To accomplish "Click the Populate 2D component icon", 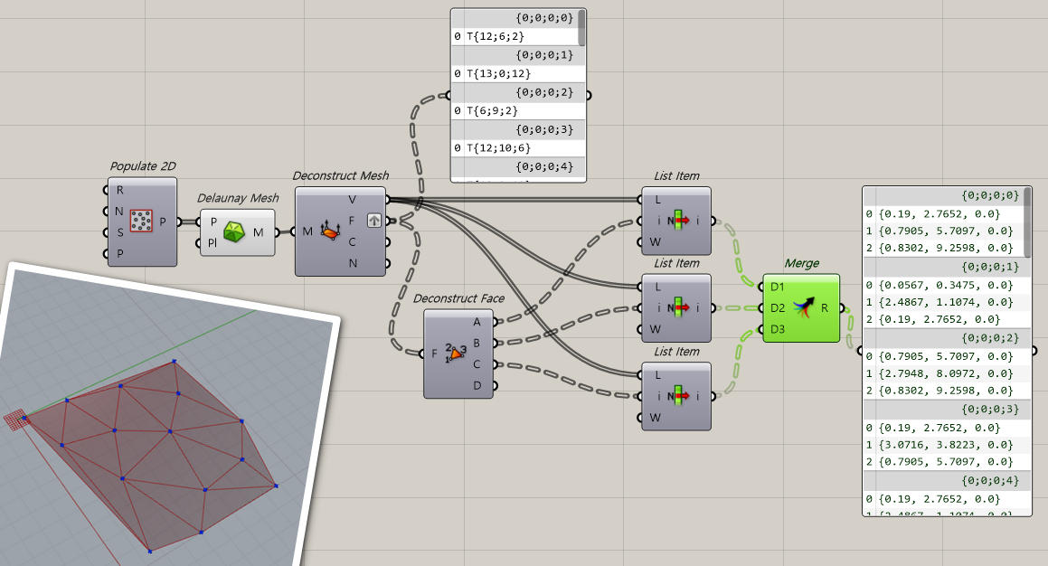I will coord(141,221).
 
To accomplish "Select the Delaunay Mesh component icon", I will coord(235,231).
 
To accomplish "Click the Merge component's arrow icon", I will coord(801,307).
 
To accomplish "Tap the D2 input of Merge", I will coord(778,308).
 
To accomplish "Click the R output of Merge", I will coord(825,308).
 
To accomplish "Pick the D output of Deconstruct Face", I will coord(477,385).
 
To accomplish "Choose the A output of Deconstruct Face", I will coord(477,321).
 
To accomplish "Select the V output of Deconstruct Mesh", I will coord(353,199).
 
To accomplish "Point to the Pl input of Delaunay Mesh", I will coord(213,242).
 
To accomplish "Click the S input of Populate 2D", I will coord(120,232).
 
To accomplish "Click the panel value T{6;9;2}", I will coord(492,110).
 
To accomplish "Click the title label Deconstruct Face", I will coord(458,298).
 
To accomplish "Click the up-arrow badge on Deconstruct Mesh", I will coord(374,221).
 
